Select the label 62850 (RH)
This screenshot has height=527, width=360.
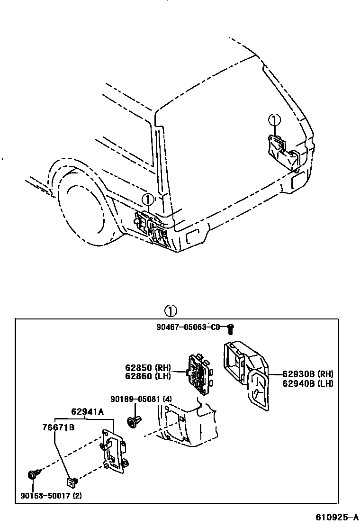148,367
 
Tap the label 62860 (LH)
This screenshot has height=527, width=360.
148,376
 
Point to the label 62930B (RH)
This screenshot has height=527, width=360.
308,374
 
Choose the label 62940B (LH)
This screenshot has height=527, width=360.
308,383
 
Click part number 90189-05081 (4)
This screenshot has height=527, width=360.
141,399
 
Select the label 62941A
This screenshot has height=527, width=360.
88,411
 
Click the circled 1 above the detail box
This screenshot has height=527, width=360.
171,311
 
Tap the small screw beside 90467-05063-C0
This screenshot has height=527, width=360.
231,327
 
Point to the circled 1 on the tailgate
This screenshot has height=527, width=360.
274,120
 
